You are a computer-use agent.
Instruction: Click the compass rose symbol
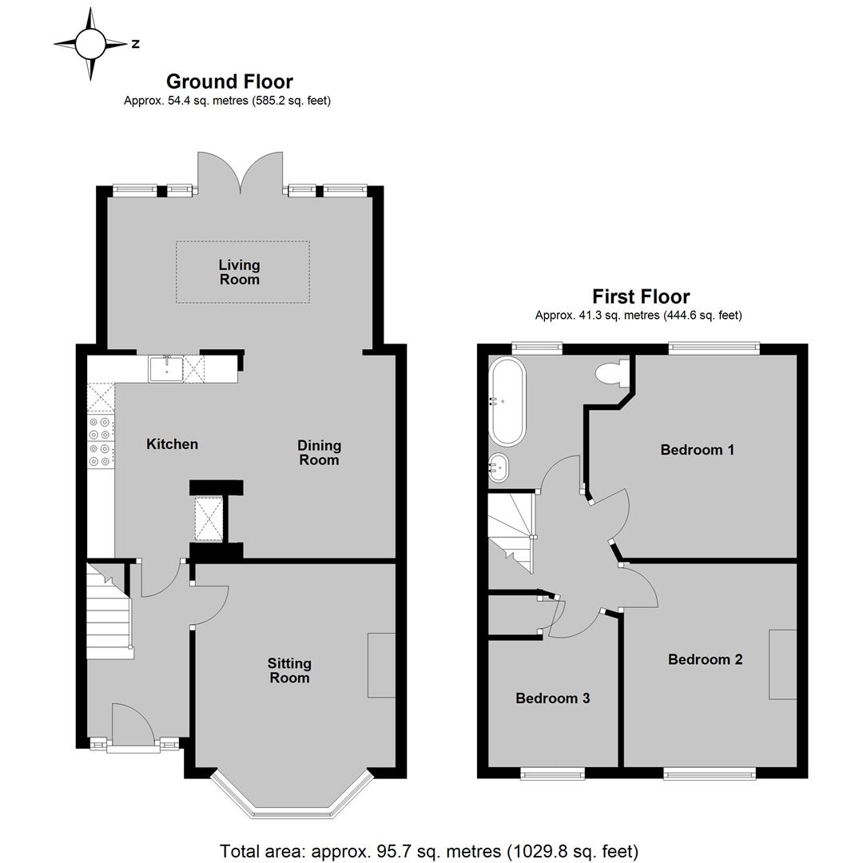(91, 44)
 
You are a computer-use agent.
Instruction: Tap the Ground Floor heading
(229, 82)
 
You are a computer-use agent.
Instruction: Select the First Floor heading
(641, 296)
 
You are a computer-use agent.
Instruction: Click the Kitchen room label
(173, 444)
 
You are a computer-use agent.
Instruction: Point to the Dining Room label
(319, 452)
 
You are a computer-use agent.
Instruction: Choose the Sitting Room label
(289, 670)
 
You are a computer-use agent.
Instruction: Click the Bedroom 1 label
(698, 450)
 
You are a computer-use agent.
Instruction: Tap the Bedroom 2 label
(705, 659)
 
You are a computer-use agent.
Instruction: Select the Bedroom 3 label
(553, 698)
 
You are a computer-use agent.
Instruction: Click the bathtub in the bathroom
(507, 401)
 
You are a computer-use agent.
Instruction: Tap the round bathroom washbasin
(499, 467)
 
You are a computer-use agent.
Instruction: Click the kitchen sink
(165, 368)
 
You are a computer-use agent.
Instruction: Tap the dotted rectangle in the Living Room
(243, 272)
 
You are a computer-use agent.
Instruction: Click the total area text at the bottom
(429, 851)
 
